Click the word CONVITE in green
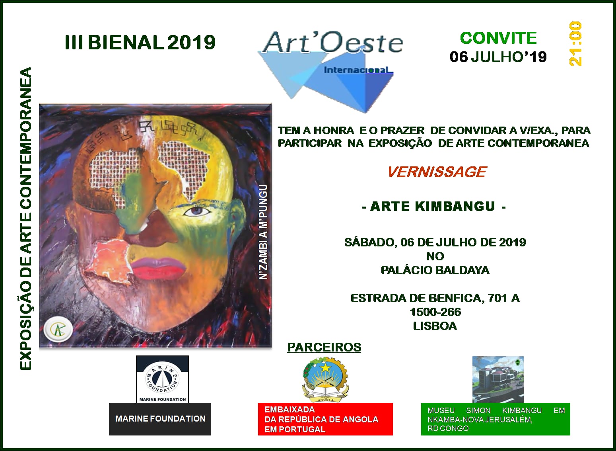(498, 38)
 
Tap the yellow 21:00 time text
(575, 44)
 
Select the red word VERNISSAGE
(437, 172)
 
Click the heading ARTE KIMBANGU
(434, 207)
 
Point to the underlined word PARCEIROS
(324, 347)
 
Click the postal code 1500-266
(435, 312)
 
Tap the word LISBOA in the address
(435, 326)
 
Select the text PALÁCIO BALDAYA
(435, 270)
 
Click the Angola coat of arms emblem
(325, 379)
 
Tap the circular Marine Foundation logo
(162, 377)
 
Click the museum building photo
(498, 379)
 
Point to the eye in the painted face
(197, 211)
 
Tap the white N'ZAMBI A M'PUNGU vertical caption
(263, 232)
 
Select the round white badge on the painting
(58, 329)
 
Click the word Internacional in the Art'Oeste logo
(358, 70)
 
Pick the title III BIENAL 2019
(140, 43)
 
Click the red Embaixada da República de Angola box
(325, 419)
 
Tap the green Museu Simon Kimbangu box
(496, 419)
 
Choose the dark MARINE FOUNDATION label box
(160, 419)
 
